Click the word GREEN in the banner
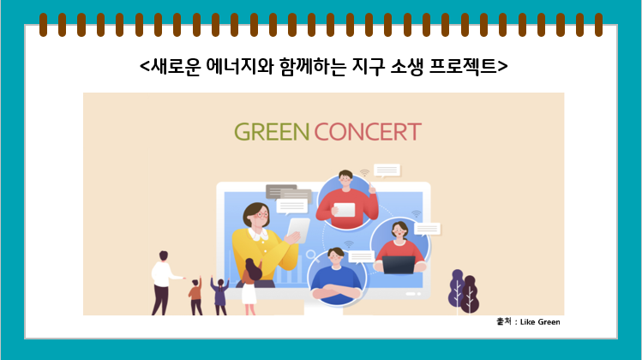(x=272, y=132)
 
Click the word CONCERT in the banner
(x=368, y=132)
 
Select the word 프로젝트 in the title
(x=463, y=66)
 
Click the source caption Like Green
(x=540, y=322)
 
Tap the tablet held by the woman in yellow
(x=297, y=231)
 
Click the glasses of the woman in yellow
(x=261, y=214)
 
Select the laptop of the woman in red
(x=399, y=265)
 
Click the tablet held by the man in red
(x=345, y=210)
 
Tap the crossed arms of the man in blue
(x=337, y=291)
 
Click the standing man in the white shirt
(x=164, y=283)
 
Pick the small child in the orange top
(x=195, y=296)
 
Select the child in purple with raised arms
(x=220, y=296)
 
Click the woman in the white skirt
(x=250, y=286)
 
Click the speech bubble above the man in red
(x=387, y=171)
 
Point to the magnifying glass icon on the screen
(x=312, y=256)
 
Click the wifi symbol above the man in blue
(x=349, y=244)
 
